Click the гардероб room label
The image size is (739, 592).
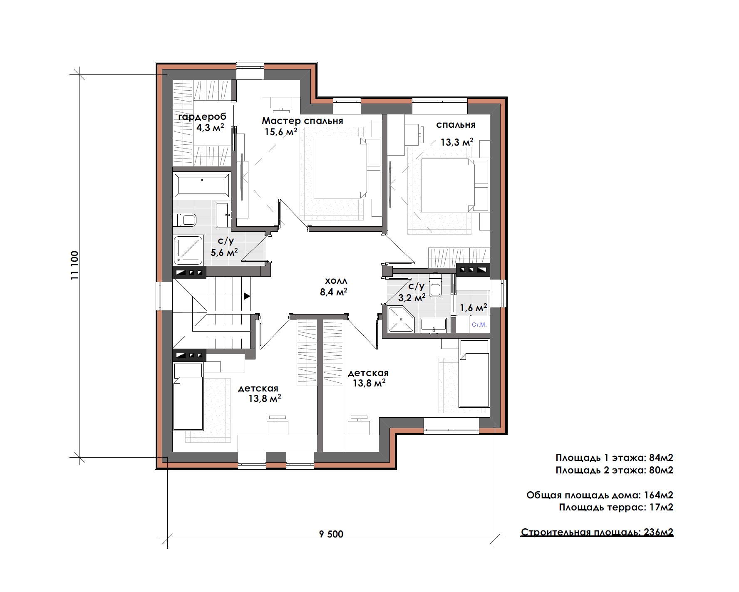[202, 116]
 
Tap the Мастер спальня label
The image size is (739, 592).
[303, 121]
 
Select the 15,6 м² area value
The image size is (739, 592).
[281, 132]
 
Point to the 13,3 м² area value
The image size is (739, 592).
[457, 142]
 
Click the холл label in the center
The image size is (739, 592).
[336, 281]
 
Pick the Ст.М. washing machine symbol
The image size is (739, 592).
[479, 324]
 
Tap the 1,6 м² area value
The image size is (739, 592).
[473, 308]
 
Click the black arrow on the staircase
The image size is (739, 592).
[247, 296]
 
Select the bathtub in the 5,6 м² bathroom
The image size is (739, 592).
[202, 185]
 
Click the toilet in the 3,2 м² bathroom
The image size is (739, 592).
[436, 285]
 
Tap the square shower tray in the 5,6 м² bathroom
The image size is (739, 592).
[188, 250]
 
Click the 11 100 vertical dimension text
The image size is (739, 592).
[74, 266]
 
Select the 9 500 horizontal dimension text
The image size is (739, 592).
[331, 534]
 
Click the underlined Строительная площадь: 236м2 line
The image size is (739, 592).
[597, 533]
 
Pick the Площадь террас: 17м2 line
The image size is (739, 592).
[616, 507]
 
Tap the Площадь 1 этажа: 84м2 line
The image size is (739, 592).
[615, 458]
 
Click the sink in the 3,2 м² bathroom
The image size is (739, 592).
[434, 325]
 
